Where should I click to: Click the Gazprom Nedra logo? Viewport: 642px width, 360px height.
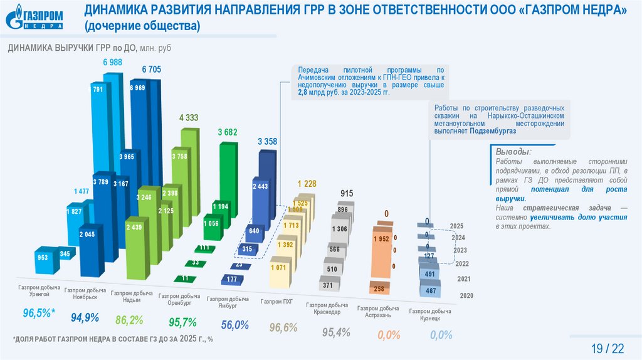[35, 16]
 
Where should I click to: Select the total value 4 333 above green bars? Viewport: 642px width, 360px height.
[188, 117]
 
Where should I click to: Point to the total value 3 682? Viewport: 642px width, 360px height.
[228, 132]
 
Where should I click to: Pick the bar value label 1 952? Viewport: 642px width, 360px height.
[381, 240]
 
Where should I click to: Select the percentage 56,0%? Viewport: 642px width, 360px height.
[235, 325]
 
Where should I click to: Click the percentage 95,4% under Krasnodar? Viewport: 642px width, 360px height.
[336, 332]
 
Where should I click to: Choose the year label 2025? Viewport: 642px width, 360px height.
[456, 226]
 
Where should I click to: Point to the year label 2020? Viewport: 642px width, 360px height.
[466, 295]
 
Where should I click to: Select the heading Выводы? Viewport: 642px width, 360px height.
[513, 152]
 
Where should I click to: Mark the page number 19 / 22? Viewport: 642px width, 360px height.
[608, 348]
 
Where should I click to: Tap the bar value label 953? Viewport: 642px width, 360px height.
[43, 258]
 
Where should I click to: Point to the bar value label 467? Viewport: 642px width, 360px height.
[430, 291]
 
